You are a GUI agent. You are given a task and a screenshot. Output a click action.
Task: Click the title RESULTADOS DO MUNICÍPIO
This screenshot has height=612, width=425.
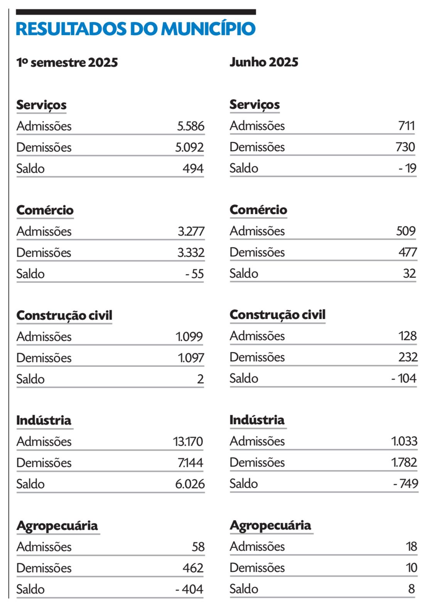click(x=135, y=29)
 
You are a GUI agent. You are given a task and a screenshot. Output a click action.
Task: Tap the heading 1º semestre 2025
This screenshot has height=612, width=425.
click(x=67, y=62)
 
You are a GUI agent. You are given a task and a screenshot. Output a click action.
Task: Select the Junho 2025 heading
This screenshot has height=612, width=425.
click(x=264, y=62)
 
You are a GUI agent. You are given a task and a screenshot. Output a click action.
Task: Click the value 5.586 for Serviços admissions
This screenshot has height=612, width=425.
click(x=191, y=126)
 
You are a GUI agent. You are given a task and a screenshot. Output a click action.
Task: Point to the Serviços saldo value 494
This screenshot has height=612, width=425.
click(x=193, y=169)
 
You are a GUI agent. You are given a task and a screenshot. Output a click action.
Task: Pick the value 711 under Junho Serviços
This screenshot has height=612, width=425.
click(x=406, y=126)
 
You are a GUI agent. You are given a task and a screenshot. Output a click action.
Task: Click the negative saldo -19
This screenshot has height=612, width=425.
click(x=407, y=168)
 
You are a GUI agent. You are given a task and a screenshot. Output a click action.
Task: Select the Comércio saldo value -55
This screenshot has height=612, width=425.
click(x=194, y=274)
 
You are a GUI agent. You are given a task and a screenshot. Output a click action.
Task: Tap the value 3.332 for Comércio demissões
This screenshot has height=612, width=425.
click(x=191, y=253)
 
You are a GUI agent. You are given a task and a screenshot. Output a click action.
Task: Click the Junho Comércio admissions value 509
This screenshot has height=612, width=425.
click(x=406, y=231)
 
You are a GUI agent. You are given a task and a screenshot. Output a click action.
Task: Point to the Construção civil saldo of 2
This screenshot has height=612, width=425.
click(x=200, y=379)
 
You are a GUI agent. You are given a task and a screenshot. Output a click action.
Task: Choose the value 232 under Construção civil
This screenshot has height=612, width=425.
click(x=408, y=357)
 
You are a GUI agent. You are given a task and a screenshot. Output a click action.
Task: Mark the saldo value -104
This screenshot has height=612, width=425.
click(x=404, y=378)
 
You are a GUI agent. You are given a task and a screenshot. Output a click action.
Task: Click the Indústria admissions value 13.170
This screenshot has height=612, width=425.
click(x=188, y=442)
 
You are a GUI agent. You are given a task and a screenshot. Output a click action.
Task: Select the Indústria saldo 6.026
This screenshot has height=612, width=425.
click(x=190, y=484)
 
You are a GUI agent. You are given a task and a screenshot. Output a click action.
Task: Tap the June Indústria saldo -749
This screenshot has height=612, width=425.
click(x=405, y=484)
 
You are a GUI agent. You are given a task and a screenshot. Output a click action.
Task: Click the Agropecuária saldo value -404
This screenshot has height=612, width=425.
click(x=189, y=589)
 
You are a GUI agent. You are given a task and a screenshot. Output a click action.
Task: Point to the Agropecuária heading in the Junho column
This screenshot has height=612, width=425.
click(x=270, y=525)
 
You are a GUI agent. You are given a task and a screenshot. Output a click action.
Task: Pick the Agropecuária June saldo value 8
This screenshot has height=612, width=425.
click(x=412, y=589)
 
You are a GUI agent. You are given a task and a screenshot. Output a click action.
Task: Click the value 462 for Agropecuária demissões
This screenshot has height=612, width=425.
click(x=193, y=568)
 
